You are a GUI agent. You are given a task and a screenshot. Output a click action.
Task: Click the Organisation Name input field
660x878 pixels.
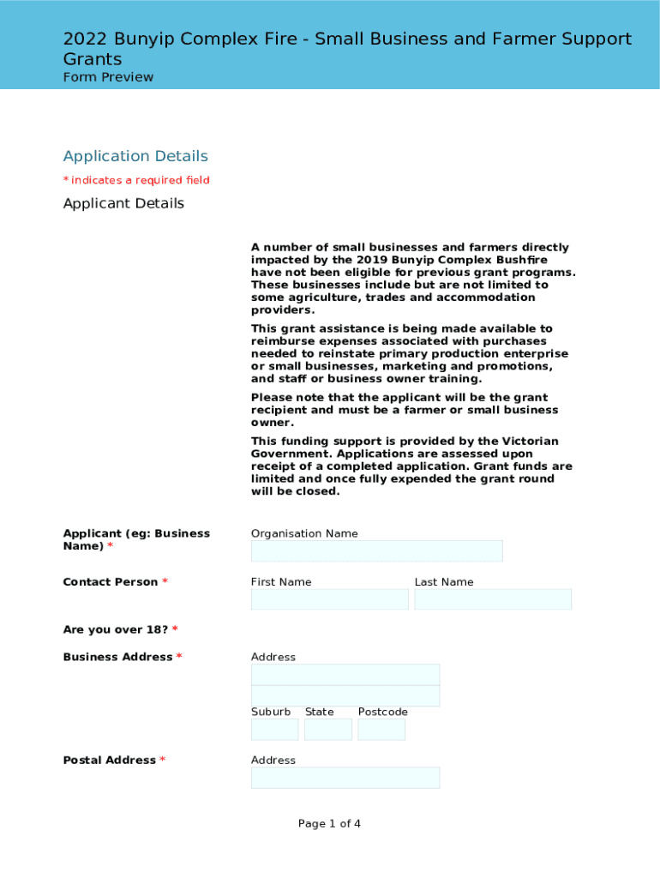tap(376, 551)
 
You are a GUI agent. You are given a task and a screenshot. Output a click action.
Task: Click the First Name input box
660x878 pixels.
tap(329, 599)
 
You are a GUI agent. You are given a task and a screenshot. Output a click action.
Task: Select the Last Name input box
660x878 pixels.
tap(493, 599)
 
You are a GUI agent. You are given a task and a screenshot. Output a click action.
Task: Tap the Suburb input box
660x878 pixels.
tap(274, 730)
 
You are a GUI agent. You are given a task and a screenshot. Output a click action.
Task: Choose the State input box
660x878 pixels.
tap(327, 730)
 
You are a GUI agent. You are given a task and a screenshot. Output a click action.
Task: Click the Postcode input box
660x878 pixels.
tap(381, 730)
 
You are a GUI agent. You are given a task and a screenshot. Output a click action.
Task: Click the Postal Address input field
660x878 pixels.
tap(345, 778)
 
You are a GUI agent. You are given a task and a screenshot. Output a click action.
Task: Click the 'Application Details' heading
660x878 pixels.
tap(135, 156)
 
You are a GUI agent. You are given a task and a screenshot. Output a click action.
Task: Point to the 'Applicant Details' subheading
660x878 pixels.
tap(123, 203)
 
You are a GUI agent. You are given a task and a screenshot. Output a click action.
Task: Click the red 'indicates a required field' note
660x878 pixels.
tap(140, 180)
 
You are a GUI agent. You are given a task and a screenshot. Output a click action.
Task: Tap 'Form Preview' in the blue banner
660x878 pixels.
tap(108, 77)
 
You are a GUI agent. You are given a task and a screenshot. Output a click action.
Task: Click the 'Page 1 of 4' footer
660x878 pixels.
tap(329, 824)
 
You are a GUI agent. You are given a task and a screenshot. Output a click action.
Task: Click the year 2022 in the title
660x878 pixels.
tap(82, 39)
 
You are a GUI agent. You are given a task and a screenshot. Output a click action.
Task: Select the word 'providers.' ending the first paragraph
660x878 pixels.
tap(283, 310)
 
